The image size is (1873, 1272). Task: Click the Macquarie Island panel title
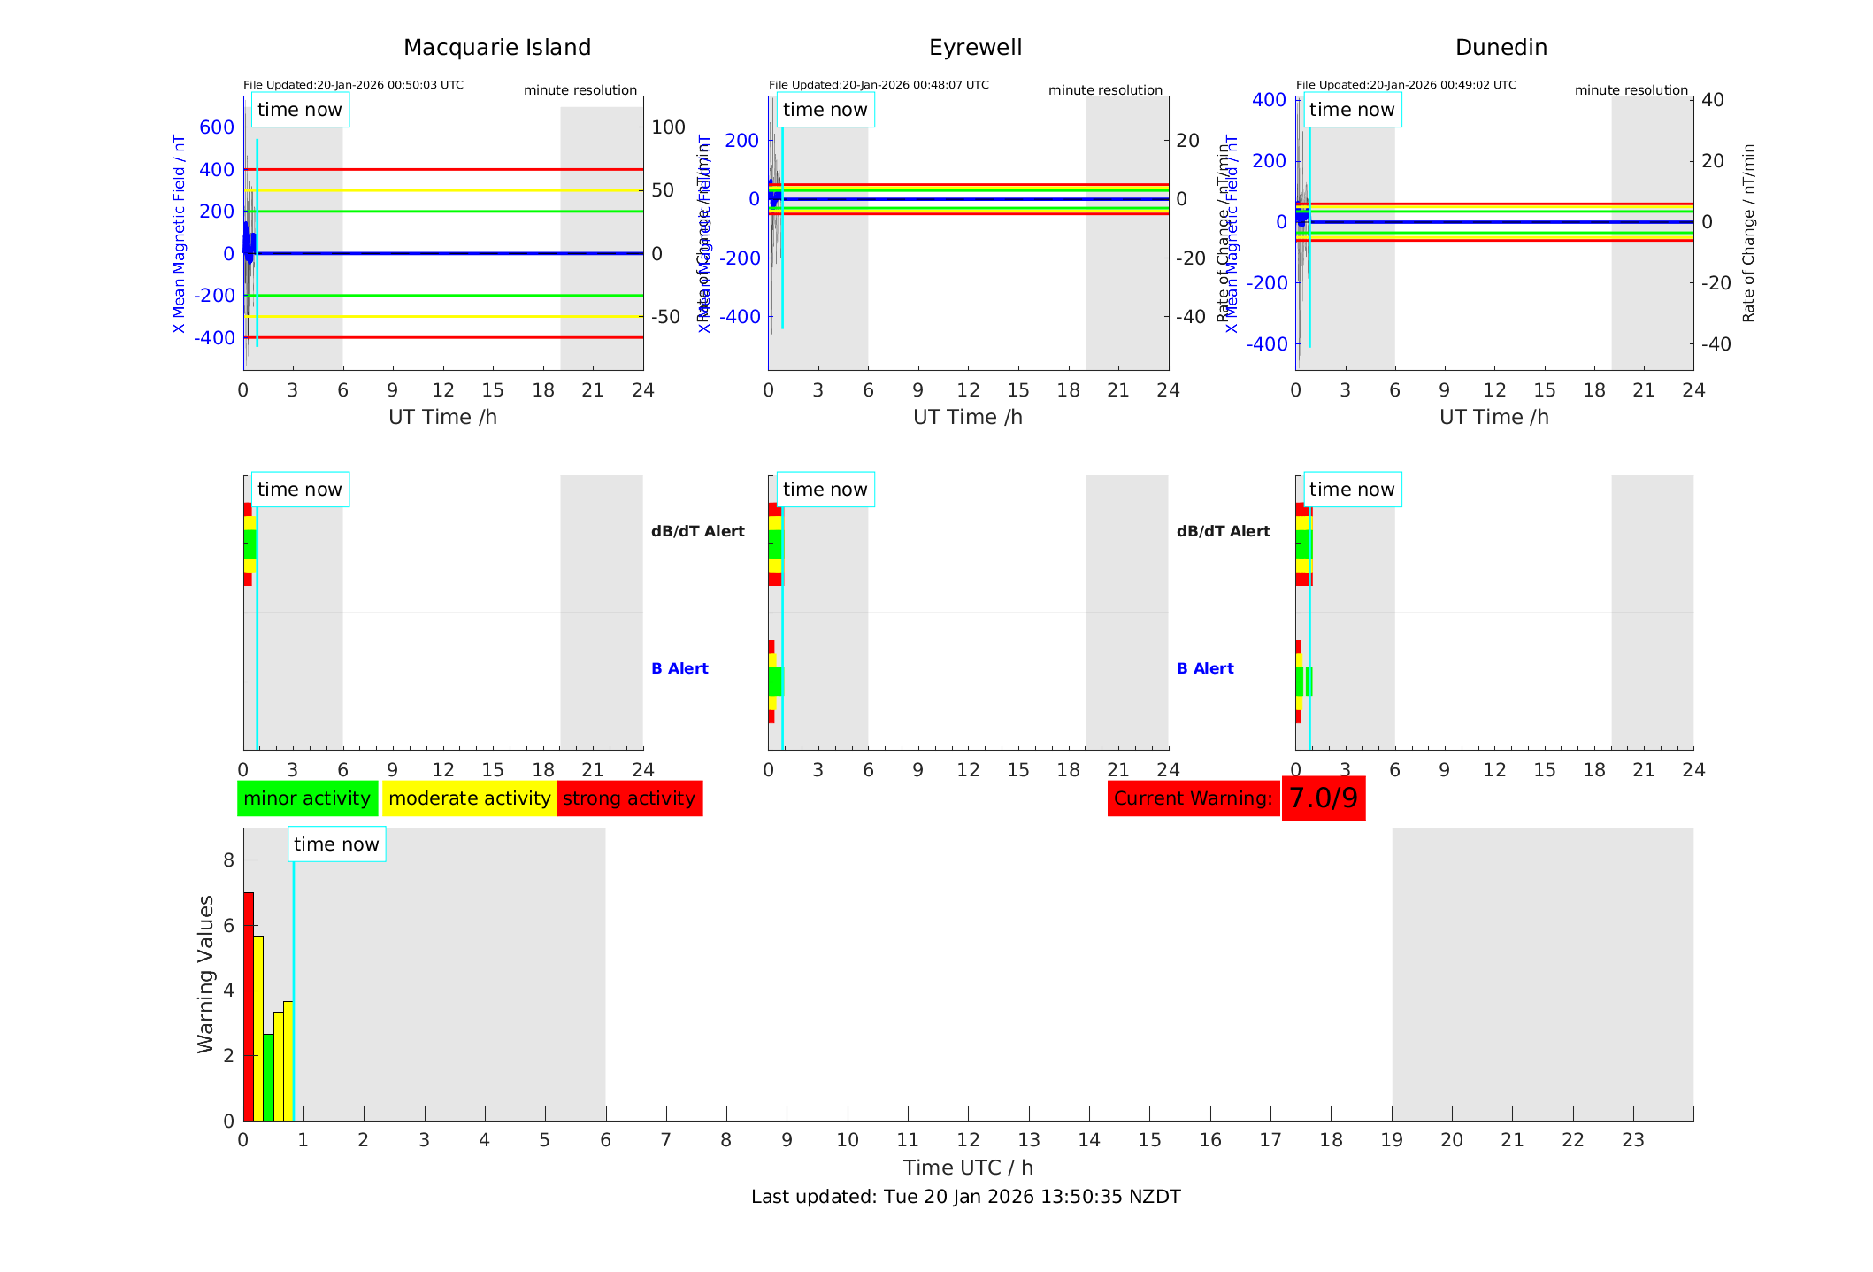click(x=496, y=48)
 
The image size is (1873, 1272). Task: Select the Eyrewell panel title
click(x=975, y=48)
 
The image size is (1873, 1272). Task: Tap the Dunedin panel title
click(x=1501, y=48)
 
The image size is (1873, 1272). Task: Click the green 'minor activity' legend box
click(x=307, y=798)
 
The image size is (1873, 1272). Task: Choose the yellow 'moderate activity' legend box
click(x=469, y=798)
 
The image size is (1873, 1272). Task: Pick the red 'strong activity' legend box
click(x=629, y=798)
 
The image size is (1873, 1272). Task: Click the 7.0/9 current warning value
click(x=1323, y=798)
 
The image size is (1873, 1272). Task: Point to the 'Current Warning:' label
click(x=1193, y=798)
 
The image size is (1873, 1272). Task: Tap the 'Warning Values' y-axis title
click(x=206, y=974)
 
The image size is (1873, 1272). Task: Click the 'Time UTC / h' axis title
click(x=968, y=1168)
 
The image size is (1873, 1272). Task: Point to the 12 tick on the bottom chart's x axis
click(x=968, y=1140)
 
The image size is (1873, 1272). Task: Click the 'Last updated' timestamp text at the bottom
click(x=965, y=1197)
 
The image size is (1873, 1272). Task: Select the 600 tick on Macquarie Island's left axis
click(x=217, y=127)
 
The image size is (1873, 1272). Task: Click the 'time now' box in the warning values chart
click(x=336, y=844)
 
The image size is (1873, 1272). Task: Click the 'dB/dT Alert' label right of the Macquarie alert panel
click(x=697, y=531)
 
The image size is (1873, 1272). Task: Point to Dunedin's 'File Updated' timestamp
click(x=1406, y=85)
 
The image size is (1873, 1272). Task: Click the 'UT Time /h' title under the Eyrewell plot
click(x=968, y=417)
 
